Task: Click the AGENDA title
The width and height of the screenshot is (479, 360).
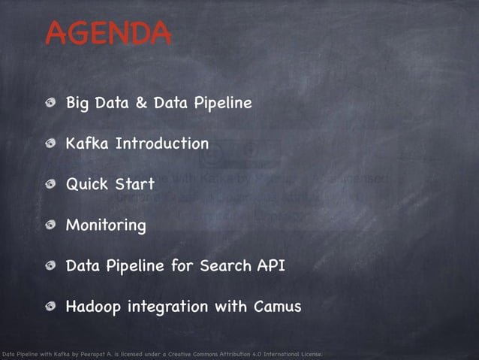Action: pyautogui.click(x=108, y=33)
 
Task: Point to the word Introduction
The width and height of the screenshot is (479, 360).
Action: pyautogui.click(x=161, y=143)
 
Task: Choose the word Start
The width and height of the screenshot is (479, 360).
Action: pyautogui.click(x=135, y=184)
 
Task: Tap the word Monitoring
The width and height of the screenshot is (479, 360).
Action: pyautogui.click(x=106, y=225)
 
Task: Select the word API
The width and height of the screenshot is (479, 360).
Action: pyautogui.click(x=272, y=265)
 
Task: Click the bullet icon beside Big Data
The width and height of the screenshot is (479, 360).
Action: pyautogui.click(x=50, y=103)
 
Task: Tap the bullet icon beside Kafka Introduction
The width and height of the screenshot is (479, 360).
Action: pyautogui.click(x=50, y=144)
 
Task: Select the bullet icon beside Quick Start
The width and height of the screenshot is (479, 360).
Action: pyautogui.click(x=50, y=184)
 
